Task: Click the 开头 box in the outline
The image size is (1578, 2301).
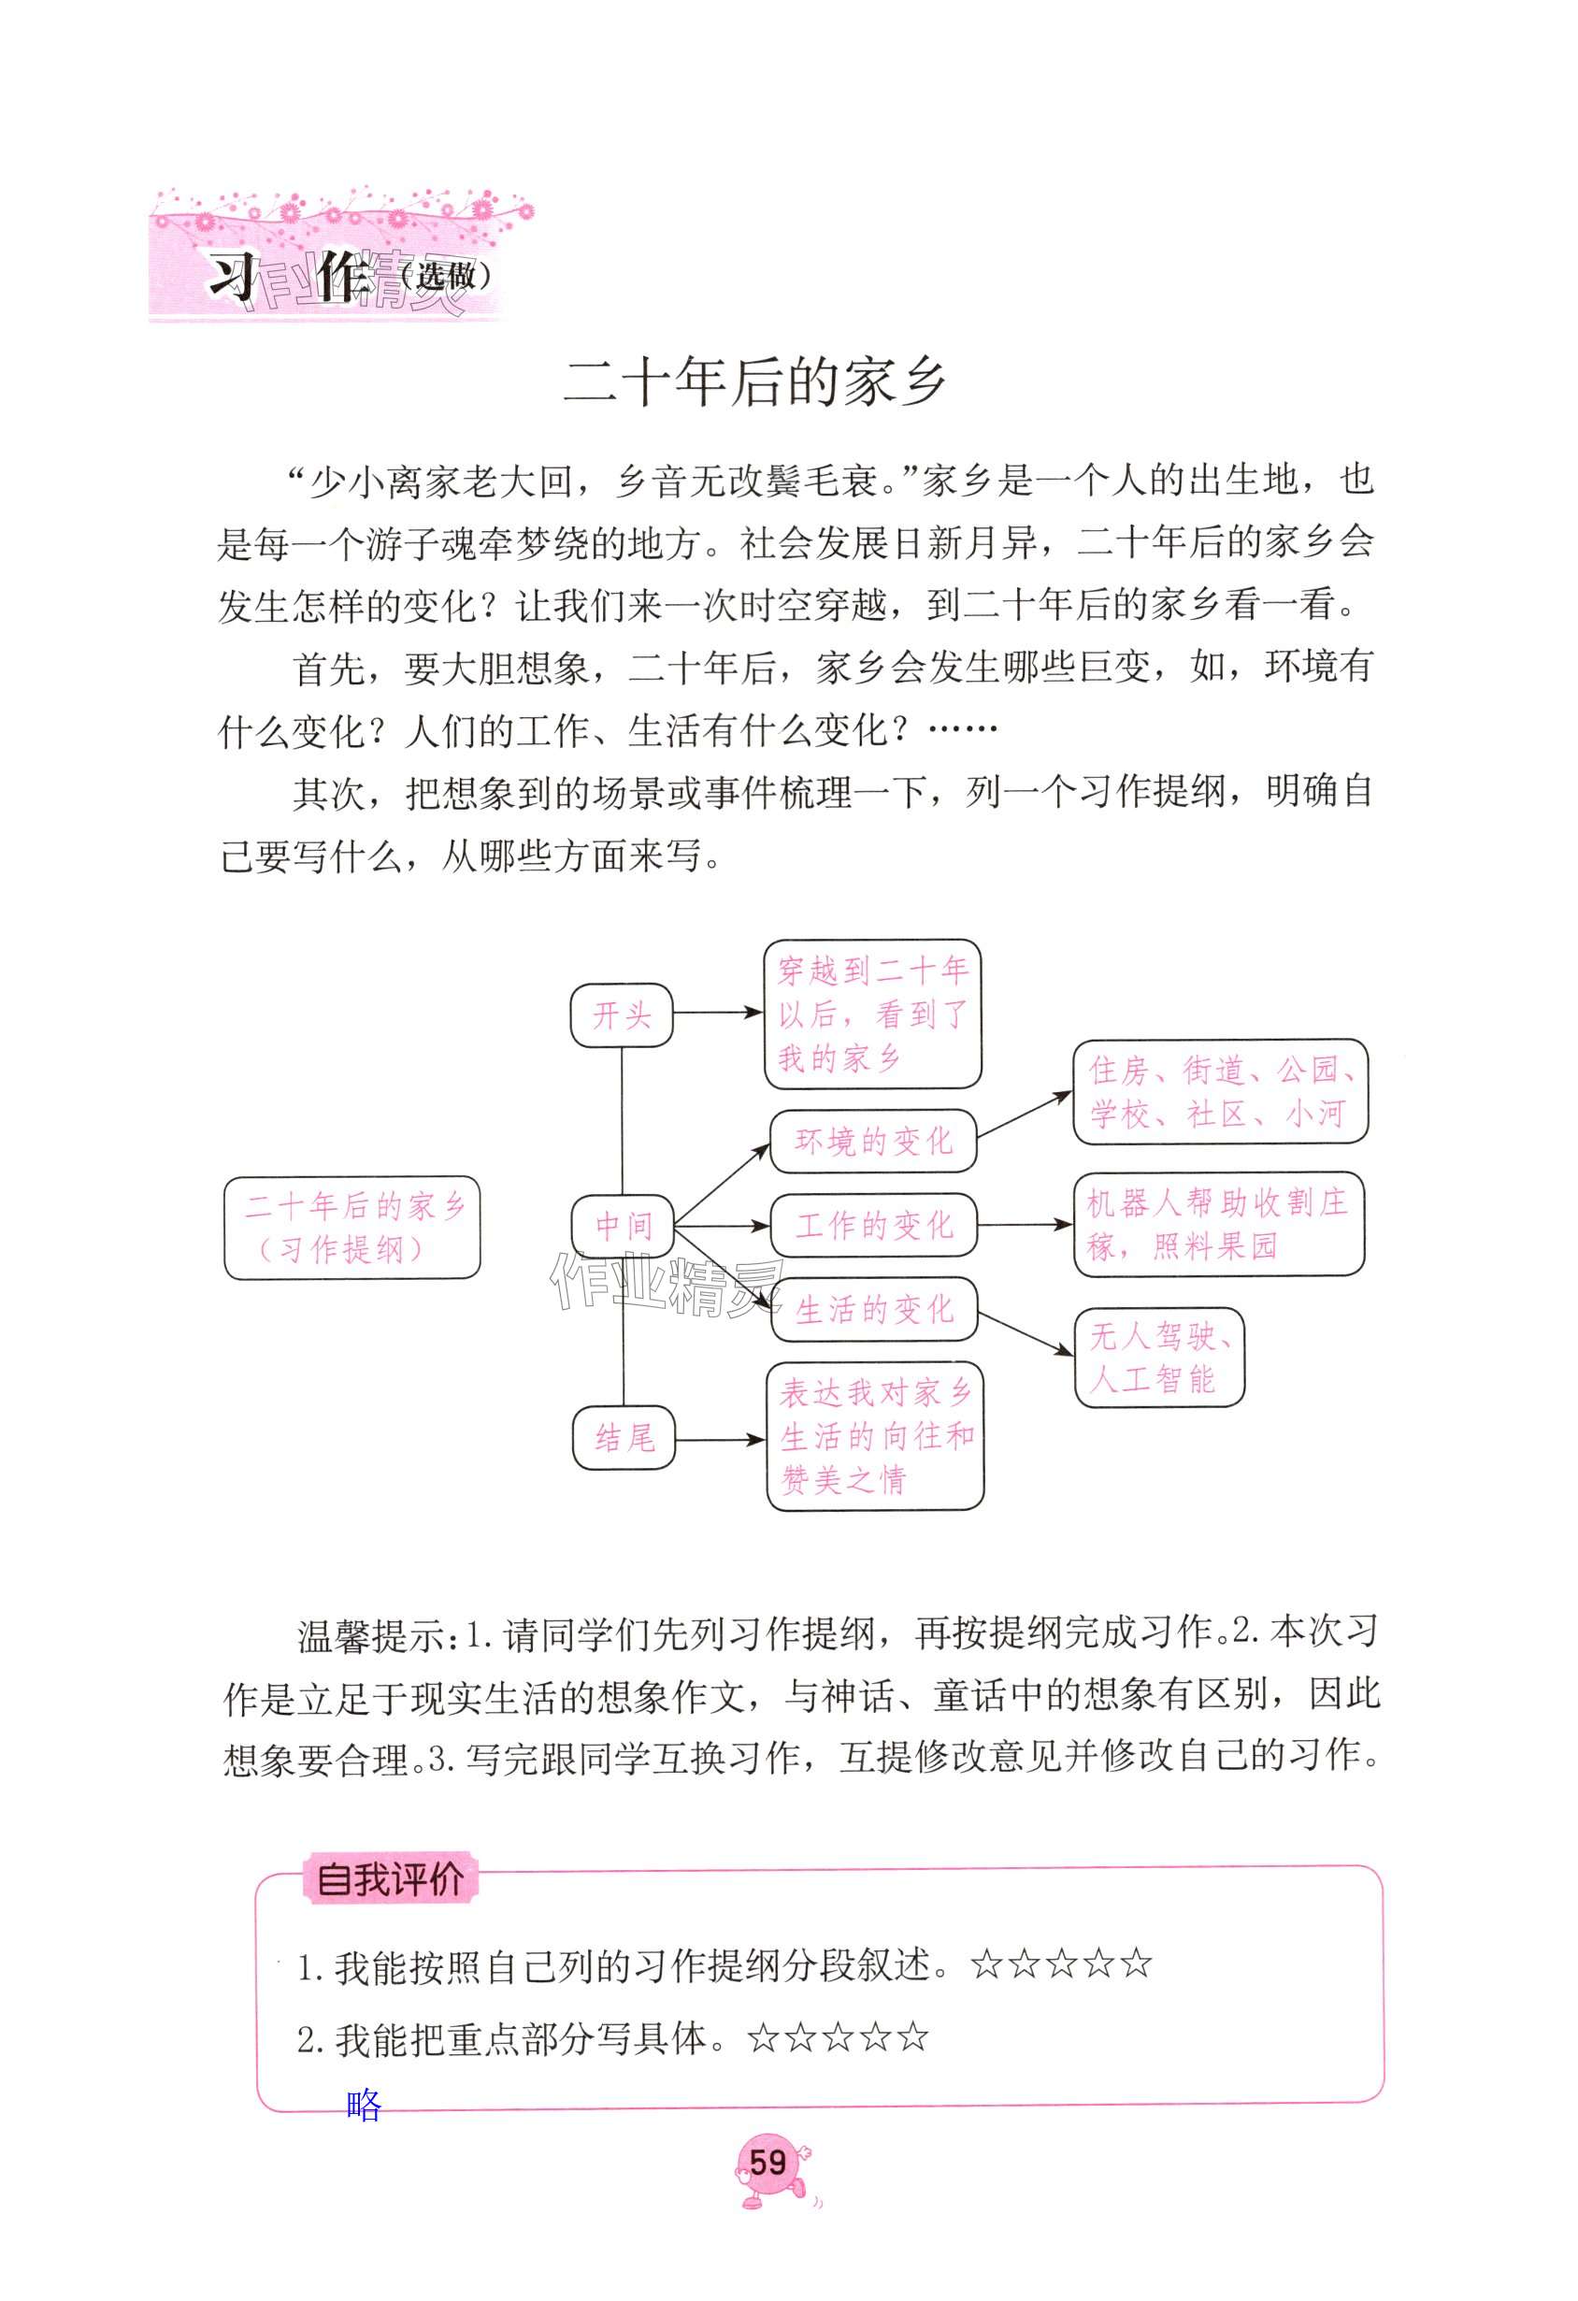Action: click(x=622, y=1014)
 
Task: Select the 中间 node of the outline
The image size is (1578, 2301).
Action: click(x=624, y=1227)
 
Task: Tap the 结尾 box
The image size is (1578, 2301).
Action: click(x=624, y=1438)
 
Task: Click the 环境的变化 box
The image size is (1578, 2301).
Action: click(x=873, y=1142)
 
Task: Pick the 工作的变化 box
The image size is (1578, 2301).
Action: click(x=873, y=1226)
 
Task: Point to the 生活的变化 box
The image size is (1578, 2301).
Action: click(x=875, y=1310)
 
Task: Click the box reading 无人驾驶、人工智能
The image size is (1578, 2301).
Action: click(x=1158, y=1358)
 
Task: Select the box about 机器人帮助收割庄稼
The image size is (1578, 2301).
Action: click(x=1219, y=1224)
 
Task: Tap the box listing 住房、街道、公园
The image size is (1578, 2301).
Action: click(x=1220, y=1091)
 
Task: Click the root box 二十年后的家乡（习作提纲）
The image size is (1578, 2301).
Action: click(x=352, y=1228)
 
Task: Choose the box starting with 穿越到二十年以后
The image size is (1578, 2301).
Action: click(x=872, y=1014)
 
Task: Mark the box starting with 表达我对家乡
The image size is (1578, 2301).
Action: click(x=875, y=1437)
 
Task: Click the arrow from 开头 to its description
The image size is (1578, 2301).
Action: click(x=718, y=1013)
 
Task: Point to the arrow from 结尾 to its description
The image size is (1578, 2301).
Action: click(x=720, y=1440)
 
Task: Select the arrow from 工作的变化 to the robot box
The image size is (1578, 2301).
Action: click(x=1025, y=1225)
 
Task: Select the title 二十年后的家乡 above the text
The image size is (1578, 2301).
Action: click(x=755, y=383)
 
